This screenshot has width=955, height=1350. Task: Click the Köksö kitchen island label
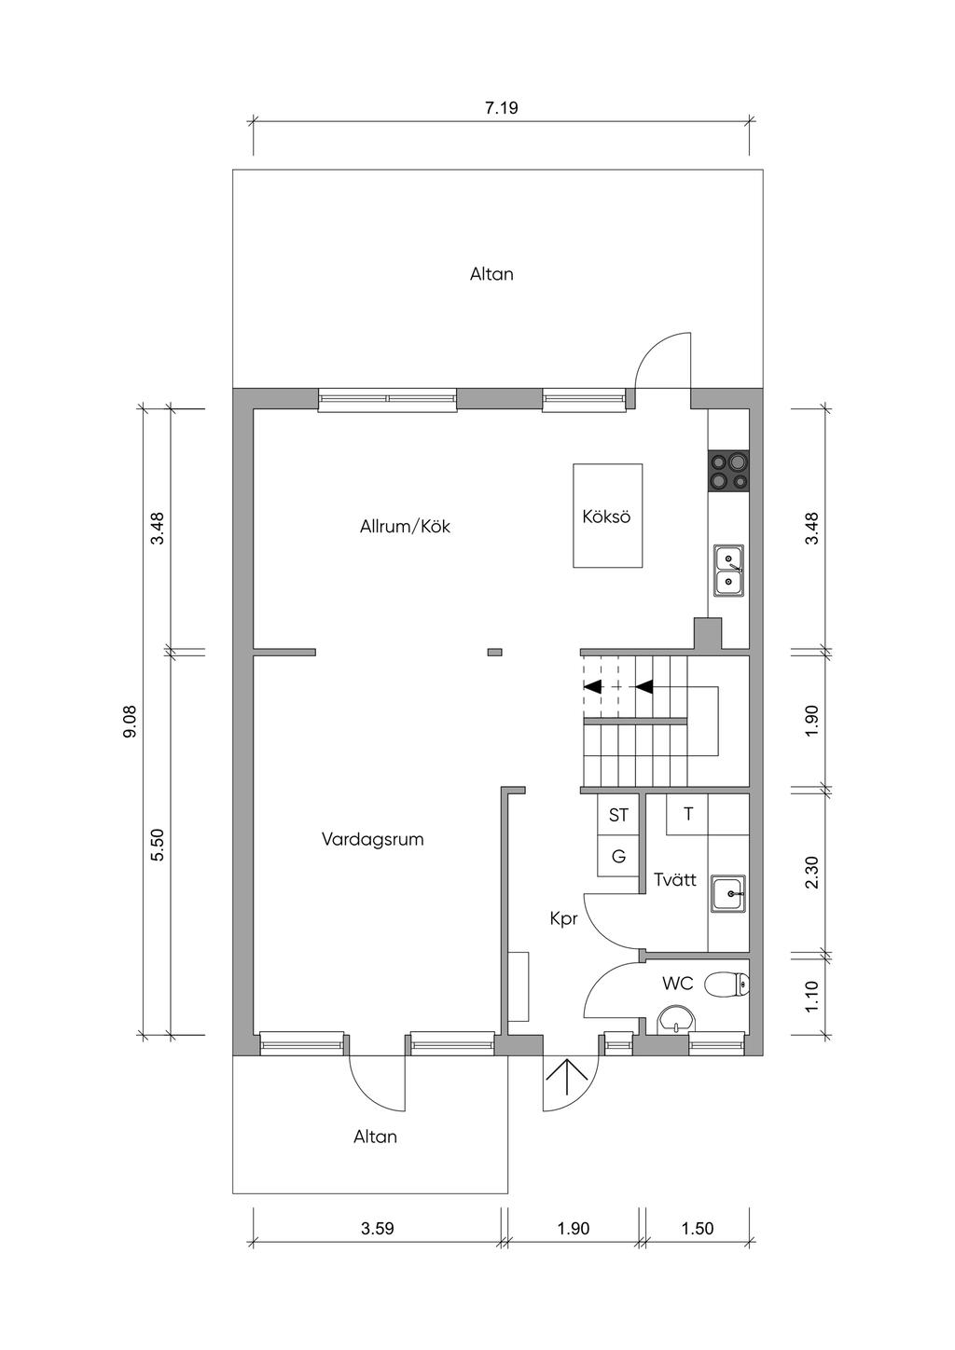click(606, 517)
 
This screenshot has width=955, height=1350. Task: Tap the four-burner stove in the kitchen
click(729, 470)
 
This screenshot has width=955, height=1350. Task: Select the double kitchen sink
click(729, 571)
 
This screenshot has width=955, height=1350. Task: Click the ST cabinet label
click(618, 816)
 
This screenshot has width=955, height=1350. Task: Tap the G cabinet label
click(618, 856)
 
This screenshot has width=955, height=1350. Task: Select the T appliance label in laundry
click(688, 814)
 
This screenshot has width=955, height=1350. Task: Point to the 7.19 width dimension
click(502, 108)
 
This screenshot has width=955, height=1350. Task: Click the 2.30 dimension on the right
click(812, 872)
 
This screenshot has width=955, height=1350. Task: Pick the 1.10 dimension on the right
click(812, 996)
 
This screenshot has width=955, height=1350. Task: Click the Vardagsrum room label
click(373, 839)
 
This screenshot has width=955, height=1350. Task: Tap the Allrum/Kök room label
click(405, 527)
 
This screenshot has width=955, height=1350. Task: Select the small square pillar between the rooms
click(495, 652)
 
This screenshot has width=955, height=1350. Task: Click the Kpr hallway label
click(563, 919)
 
